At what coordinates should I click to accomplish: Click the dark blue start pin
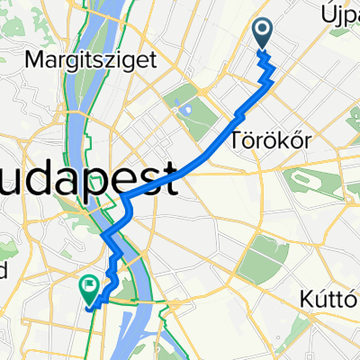pyautogui.click(x=263, y=34)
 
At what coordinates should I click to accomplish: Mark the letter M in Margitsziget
pyautogui.click(x=35, y=61)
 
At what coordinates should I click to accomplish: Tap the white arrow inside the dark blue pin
pyautogui.click(x=263, y=31)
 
